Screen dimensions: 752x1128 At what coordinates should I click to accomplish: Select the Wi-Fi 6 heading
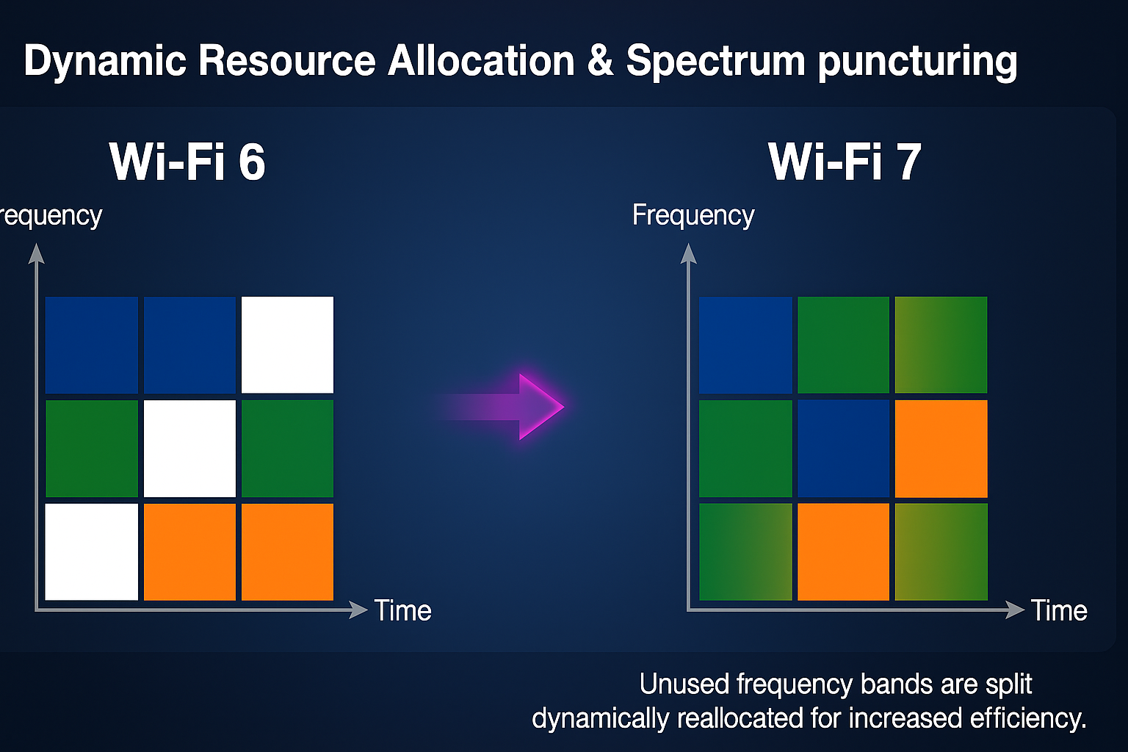(x=187, y=162)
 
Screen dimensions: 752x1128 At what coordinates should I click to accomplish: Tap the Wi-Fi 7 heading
(x=845, y=162)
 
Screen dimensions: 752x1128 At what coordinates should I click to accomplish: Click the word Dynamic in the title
(x=105, y=61)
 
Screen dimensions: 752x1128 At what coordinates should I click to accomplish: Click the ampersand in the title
(x=600, y=61)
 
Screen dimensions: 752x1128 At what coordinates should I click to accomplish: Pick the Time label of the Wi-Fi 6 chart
(x=402, y=610)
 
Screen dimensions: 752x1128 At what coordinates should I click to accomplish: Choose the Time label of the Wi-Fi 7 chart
(x=1058, y=610)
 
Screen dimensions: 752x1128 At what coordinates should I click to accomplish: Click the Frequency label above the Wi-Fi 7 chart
(x=693, y=216)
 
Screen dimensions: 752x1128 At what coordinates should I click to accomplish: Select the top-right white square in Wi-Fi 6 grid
(x=287, y=344)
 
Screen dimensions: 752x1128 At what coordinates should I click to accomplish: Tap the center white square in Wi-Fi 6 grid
(x=189, y=448)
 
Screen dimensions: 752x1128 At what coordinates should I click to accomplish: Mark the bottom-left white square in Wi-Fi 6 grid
(x=92, y=552)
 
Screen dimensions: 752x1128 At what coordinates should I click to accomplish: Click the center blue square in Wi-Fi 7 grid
(x=843, y=448)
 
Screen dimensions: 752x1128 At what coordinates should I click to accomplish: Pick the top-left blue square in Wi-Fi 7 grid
(x=745, y=344)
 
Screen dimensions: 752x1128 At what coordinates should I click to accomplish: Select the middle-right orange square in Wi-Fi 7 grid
(x=941, y=448)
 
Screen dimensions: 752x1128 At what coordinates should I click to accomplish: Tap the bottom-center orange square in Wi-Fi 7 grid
(x=843, y=552)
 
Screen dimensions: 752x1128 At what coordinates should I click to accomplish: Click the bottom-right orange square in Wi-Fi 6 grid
(x=287, y=552)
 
